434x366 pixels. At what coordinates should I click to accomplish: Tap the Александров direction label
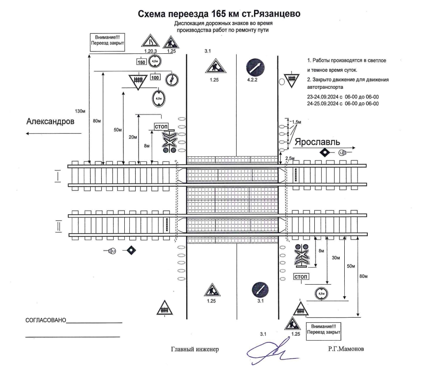pyautogui.click(x=50, y=121)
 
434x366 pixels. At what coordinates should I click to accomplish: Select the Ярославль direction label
pyautogui.click(x=317, y=142)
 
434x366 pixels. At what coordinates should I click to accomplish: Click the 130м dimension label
pyautogui.click(x=80, y=111)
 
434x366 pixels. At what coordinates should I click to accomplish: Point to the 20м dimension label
pyautogui.click(x=133, y=137)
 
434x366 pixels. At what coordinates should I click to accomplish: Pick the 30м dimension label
pyautogui.click(x=336, y=257)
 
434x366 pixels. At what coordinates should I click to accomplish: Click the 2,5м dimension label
pyautogui.click(x=290, y=158)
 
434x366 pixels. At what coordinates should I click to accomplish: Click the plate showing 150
pyautogui.click(x=141, y=62)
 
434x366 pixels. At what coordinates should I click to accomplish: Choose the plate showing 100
pyautogui.click(x=155, y=77)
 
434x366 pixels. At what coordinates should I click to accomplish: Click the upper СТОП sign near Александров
pyautogui.click(x=161, y=126)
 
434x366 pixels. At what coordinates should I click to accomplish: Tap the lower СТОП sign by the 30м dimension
pyautogui.click(x=301, y=276)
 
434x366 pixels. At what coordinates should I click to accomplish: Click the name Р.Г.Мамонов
pyautogui.click(x=346, y=349)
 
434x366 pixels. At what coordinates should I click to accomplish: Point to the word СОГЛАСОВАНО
pyautogui.click(x=46, y=320)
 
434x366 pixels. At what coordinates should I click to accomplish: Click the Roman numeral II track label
pyautogui.click(x=58, y=226)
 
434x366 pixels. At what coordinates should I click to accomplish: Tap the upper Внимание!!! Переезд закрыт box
pyautogui.click(x=107, y=42)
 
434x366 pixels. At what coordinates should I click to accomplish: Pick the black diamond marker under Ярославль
pyautogui.click(x=324, y=152)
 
